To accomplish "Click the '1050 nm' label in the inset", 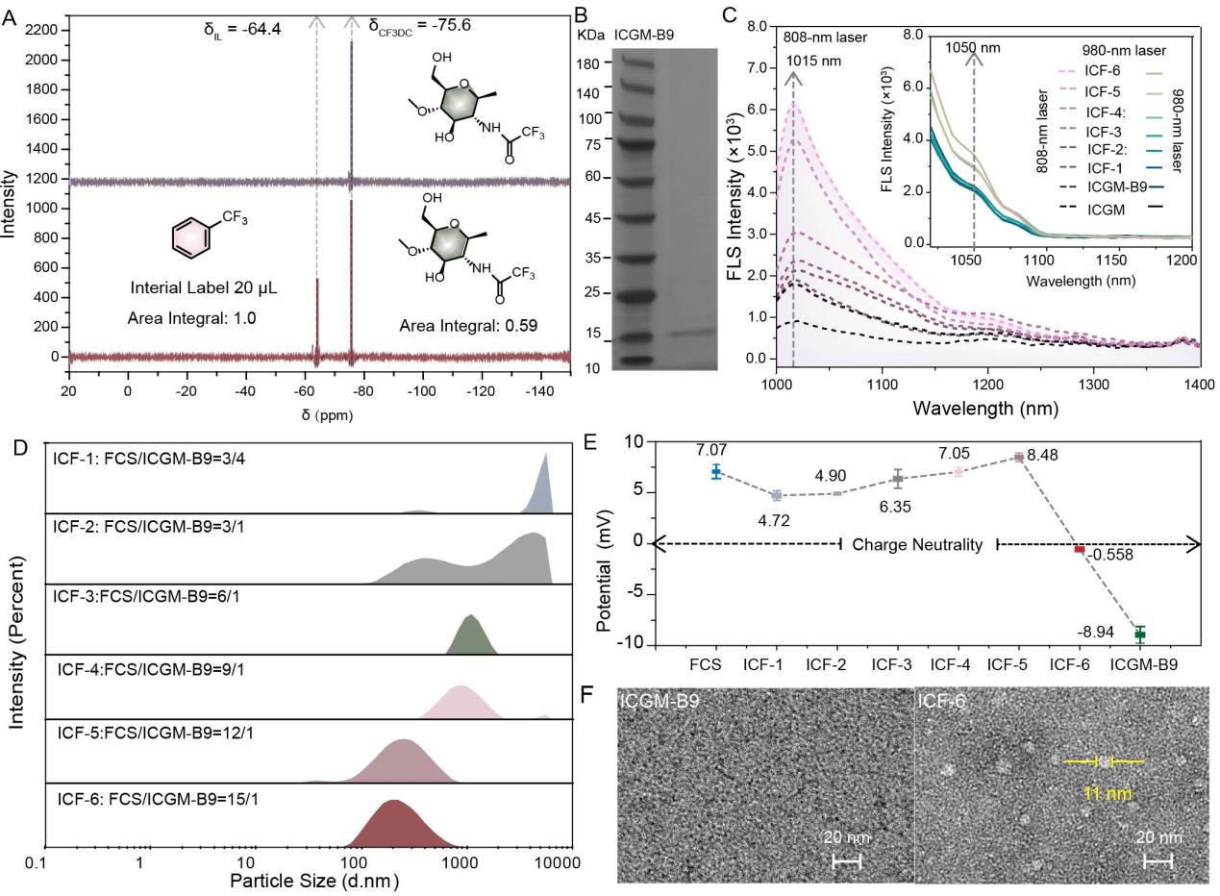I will [x=973, y=44].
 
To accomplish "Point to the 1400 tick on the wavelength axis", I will [x=1198, y=382].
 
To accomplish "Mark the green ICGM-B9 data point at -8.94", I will [x=1140, y=634].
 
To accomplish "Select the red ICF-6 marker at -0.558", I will [x=1079, y=549].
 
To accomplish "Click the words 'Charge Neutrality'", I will [x=918, y=545].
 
